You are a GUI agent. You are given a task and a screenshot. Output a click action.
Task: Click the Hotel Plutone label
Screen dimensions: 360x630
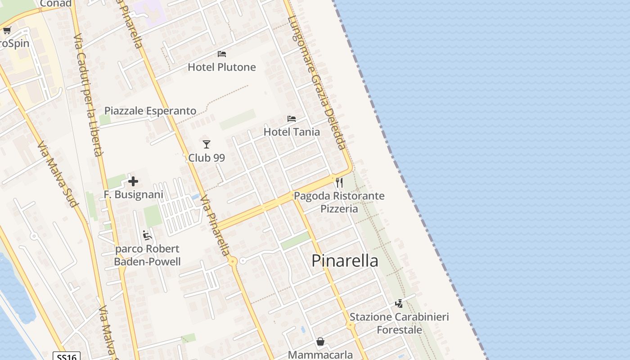click(x=221, y=67)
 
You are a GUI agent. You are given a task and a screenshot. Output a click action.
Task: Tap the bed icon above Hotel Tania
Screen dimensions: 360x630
click(x=292, y=119)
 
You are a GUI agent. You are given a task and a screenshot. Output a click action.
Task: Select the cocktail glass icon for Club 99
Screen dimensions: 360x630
click(x=207, y=144)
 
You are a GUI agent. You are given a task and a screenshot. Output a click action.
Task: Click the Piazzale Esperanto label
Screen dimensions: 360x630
click(x=150, y=111)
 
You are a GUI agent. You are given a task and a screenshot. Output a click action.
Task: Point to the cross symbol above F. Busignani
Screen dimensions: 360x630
click(x=133, y=181)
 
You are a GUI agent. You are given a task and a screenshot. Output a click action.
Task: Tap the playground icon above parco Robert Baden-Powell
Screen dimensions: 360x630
click(x=147, y=235)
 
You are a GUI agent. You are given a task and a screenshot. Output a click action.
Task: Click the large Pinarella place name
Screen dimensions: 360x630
click(x=345, y=261)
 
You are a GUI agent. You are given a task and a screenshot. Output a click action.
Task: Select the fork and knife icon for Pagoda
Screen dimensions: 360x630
click(x=339, y=183)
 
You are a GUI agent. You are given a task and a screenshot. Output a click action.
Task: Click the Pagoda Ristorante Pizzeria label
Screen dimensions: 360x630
click(x=339, y=202)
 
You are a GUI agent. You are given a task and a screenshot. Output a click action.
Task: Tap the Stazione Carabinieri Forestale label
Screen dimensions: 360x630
click(x=399, y=323)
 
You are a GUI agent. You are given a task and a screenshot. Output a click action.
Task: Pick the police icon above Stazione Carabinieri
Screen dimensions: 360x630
click(x=399, y=304)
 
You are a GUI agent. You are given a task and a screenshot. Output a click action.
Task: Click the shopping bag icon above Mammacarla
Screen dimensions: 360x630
click(x=320, y=342)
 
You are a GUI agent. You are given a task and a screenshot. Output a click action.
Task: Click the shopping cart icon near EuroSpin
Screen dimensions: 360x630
click(x=7, y=31)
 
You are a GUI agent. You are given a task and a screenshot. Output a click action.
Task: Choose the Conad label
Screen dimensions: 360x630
click(x=56, y=4)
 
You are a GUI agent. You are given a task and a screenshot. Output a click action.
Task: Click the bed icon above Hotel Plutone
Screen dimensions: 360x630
click(x=221, y=54)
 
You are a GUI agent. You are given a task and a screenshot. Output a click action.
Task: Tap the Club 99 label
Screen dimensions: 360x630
click(x=207, y=158)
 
